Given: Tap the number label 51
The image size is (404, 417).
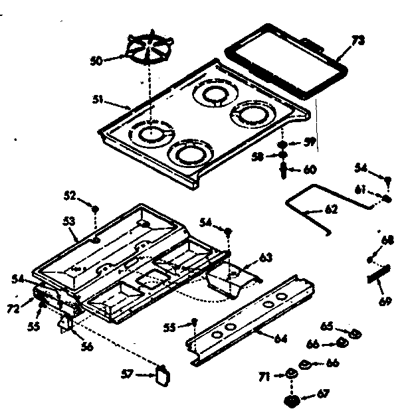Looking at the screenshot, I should coord(98,100).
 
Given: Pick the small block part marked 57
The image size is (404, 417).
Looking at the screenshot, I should coord(163,375).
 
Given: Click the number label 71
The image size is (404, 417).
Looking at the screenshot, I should coord(264,376).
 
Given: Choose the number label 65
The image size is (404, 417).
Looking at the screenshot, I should coord(326,327).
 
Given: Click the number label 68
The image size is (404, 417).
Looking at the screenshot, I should coord(386,240).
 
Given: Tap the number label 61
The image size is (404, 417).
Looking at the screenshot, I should coord(359,190).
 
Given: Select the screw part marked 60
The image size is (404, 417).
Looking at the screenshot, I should coord(284,170).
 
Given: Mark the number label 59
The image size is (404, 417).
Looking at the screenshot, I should coord(309,142).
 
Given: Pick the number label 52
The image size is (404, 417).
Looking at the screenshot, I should coord(70,195).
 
